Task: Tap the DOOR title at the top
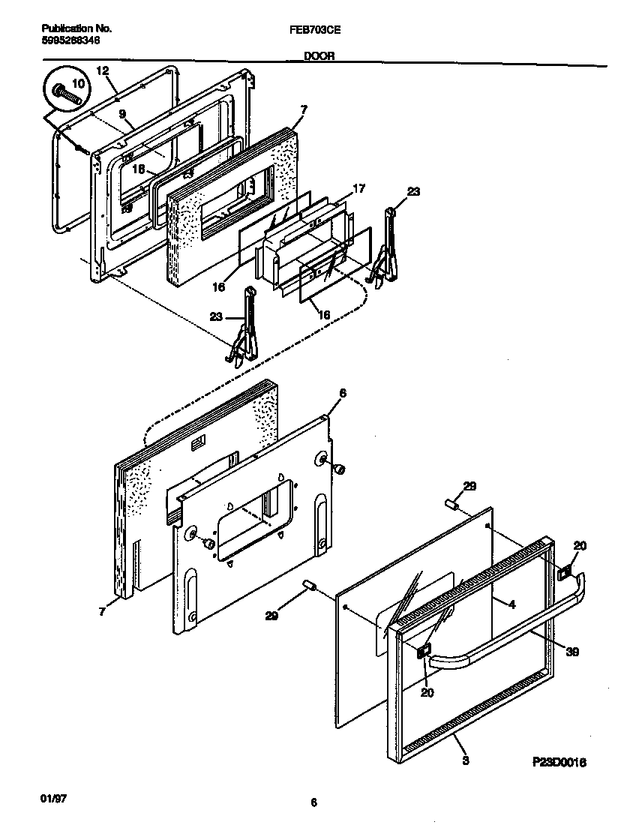point(319,55)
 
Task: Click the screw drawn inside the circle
point(66,95)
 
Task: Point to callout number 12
point(103,70)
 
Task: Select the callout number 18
point(138,169)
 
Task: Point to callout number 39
point(571,652)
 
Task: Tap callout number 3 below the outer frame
point(465,760)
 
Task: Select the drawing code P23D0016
point(559,762)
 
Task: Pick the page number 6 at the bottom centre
point(313,803)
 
